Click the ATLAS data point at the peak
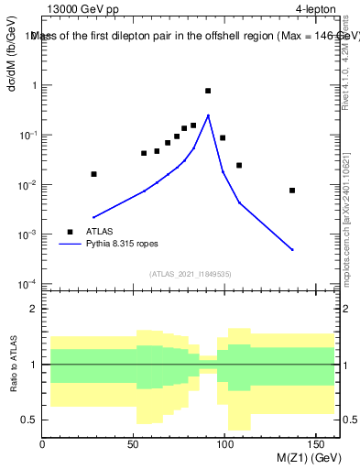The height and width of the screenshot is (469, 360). click(x=208, y=91)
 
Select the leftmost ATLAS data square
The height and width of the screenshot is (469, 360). click(x=93, y=174)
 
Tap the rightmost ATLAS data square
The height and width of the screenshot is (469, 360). click(x=292, y=191)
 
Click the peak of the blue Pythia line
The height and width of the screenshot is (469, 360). click(x=209, y=115)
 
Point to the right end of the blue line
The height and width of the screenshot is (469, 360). click(x=292, y=249)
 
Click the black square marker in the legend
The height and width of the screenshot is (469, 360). click(x=69, y=232)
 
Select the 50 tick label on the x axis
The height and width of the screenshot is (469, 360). click(x=134, y=444)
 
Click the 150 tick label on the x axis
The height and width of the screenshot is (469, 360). click(x=317, y=444)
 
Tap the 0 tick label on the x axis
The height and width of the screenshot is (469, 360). click(x=42, y=444)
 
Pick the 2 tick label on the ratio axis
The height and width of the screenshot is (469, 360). click(x=33, y=309)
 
